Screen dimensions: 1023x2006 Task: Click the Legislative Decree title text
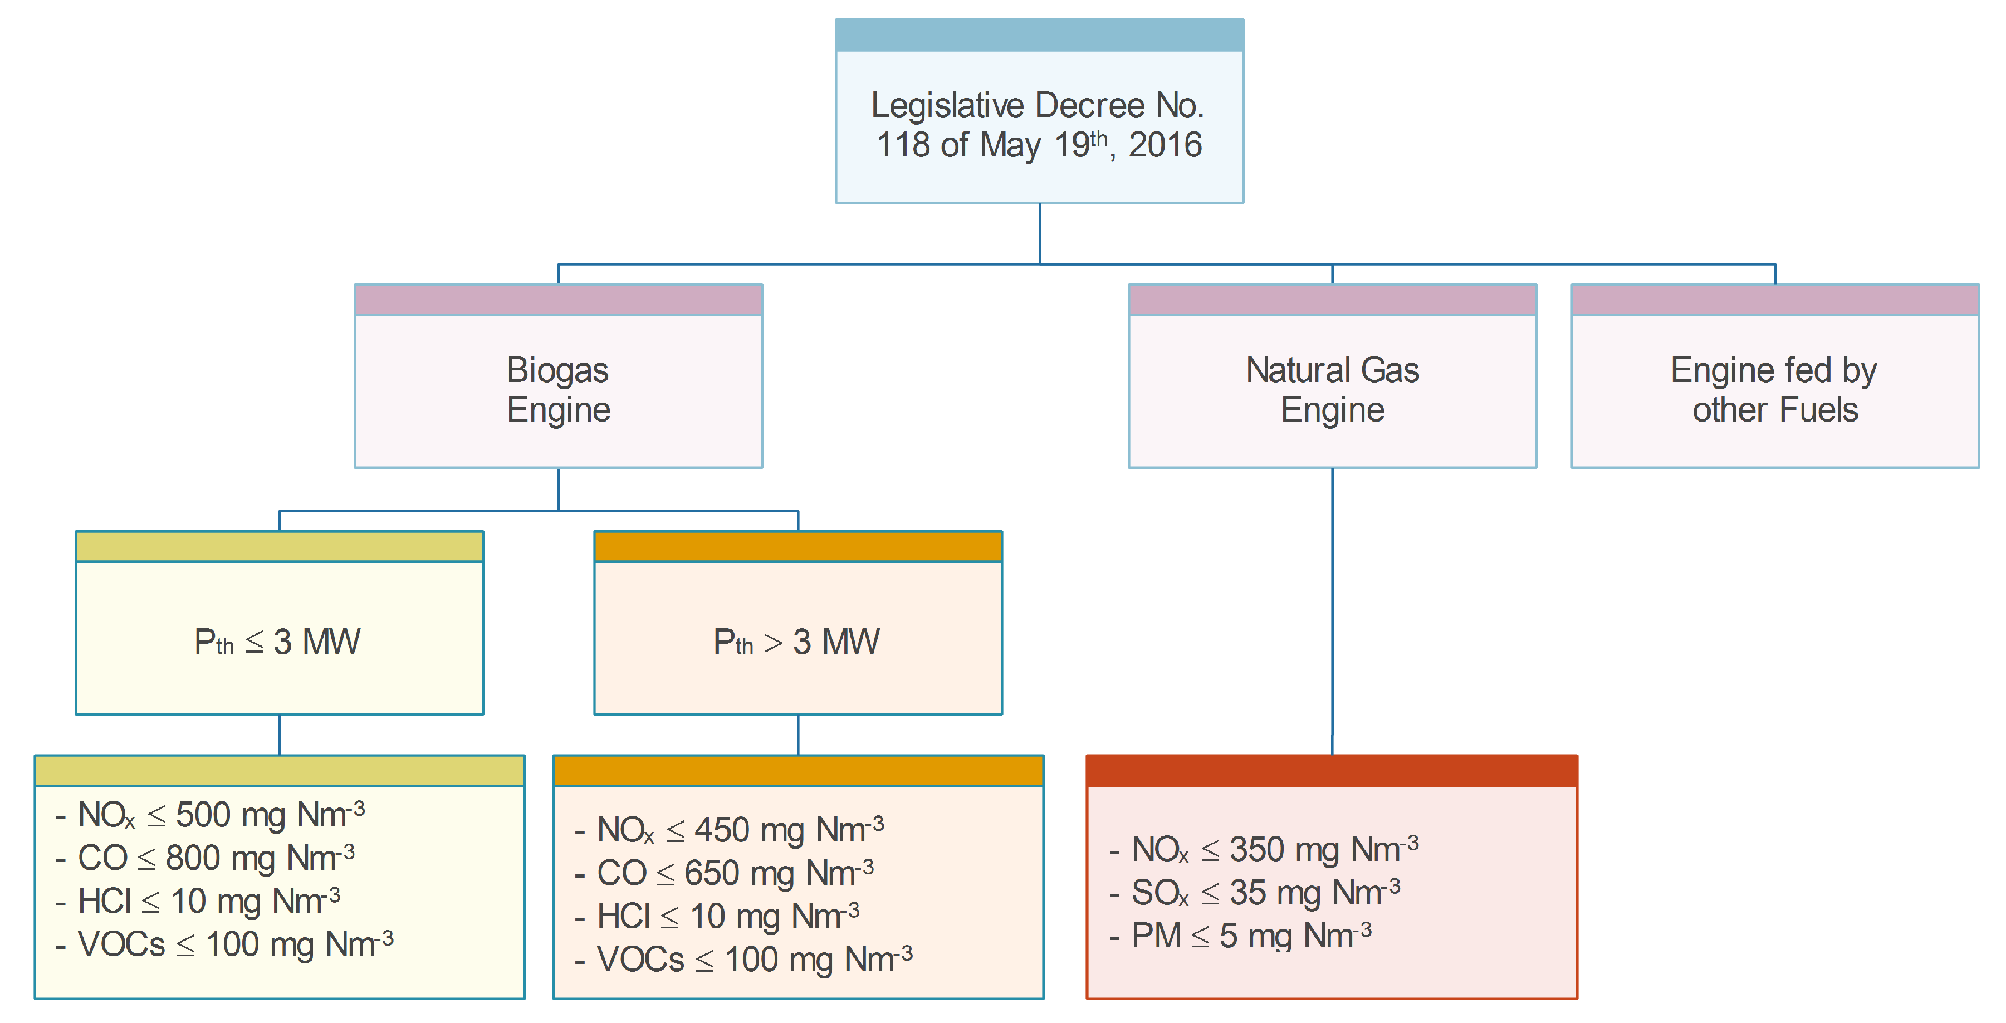point(1038,125)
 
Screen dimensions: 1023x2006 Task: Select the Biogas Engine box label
point(559,389)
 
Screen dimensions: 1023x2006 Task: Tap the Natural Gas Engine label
point(1332,389)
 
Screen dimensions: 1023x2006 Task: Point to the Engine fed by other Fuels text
point(1775,389)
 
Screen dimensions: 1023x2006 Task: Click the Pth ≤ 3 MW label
point(278,642)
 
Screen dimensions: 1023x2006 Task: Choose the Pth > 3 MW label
point(796,642)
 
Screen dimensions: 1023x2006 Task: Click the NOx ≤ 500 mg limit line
point(211,815)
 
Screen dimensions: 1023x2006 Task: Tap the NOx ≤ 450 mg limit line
point(730,830)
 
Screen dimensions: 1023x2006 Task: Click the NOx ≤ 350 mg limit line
point(1264,849)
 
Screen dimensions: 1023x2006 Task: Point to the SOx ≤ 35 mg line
point(1255,892)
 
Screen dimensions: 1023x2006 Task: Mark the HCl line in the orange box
point(718,916)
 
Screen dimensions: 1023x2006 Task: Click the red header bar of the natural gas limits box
point(1332,771)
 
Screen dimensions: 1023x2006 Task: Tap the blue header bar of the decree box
point(1039,36)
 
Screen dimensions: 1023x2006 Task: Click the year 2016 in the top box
point(1165,145)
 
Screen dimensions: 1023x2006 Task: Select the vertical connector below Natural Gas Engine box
point(1332,607)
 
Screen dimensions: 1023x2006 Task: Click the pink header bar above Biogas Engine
point(559,300)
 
